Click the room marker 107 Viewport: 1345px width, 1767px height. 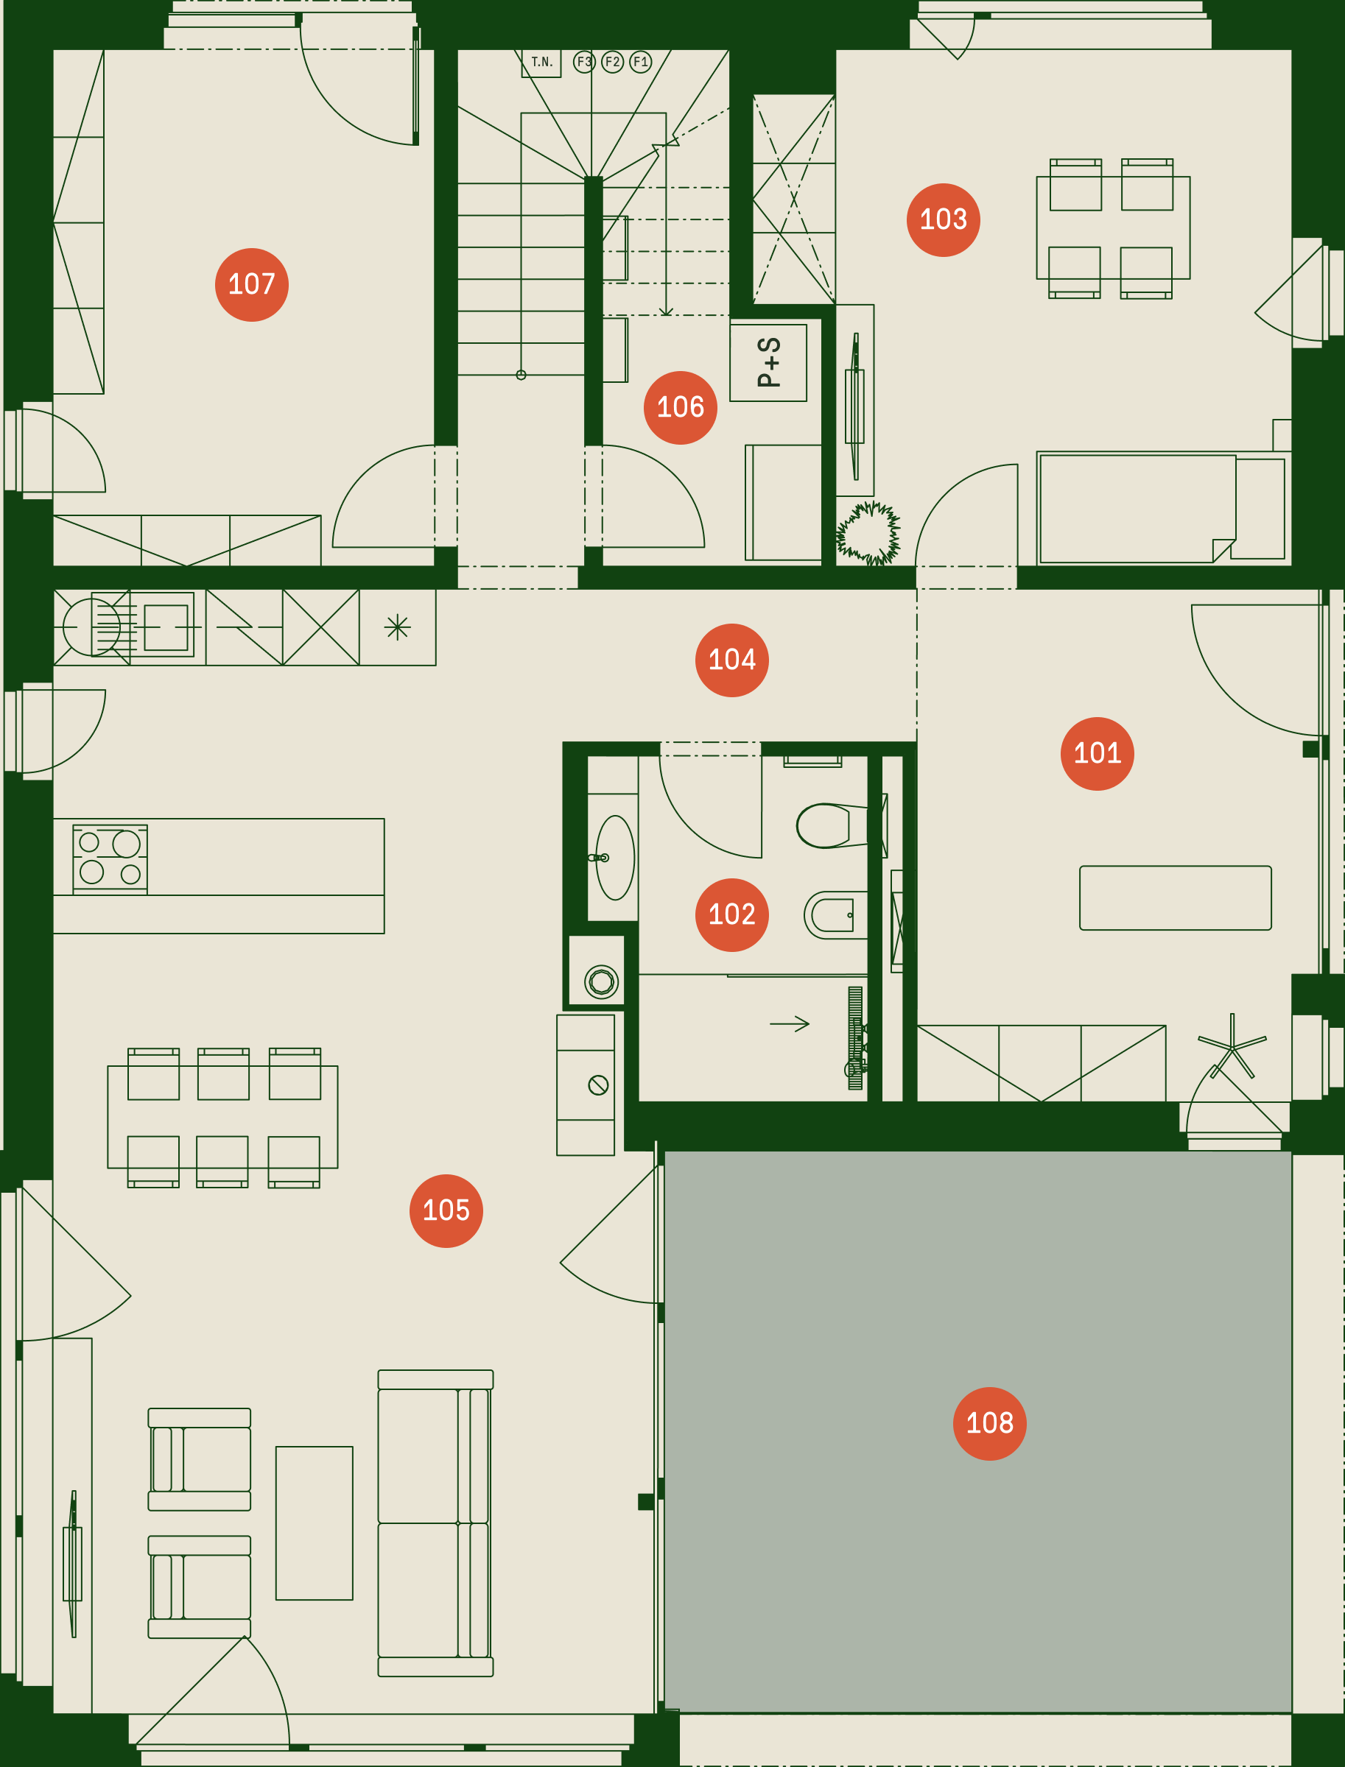click(251, 285)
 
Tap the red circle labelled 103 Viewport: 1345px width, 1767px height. click(943, 220)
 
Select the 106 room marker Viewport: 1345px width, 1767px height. click(681, 407)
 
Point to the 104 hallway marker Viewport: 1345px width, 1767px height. click(731, 660)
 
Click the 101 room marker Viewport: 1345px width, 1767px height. click(1097, 754)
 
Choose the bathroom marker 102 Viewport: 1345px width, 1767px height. click(731, 914)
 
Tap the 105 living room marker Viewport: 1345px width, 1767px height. click(446, 1211)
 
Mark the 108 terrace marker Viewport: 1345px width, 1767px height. click(989, 1424)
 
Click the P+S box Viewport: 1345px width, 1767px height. click(768, 362)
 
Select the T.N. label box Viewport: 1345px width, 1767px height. click(541, 63)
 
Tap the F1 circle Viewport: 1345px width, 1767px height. click(641, 62)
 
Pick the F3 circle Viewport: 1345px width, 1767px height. click(584, 62)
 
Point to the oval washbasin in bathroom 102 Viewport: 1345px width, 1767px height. click(615, 858)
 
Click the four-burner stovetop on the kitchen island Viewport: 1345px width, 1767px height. click(110, 859)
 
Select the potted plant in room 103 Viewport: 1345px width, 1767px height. click(868, 533)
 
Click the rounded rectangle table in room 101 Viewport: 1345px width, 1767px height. click(1176, 898)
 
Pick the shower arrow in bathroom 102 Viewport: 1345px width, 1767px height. click(790, 1023)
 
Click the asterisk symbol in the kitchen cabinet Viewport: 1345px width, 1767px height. click(397, 627)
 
